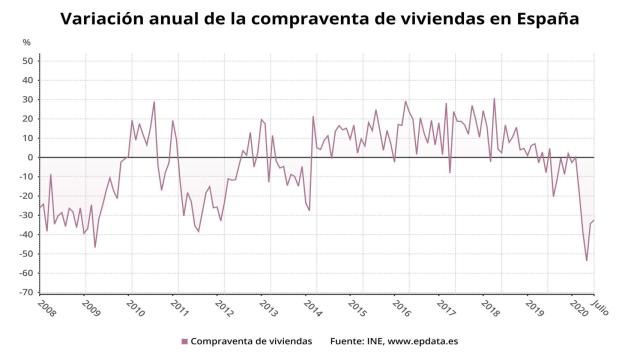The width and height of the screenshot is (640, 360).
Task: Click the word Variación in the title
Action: [108, 18]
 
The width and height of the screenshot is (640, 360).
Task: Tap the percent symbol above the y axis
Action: [26, 42]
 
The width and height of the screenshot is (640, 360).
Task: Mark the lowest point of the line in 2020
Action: [586, 260]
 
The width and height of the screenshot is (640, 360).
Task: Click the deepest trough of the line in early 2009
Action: [95, 247]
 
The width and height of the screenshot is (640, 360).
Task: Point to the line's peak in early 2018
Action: [494, 99]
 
